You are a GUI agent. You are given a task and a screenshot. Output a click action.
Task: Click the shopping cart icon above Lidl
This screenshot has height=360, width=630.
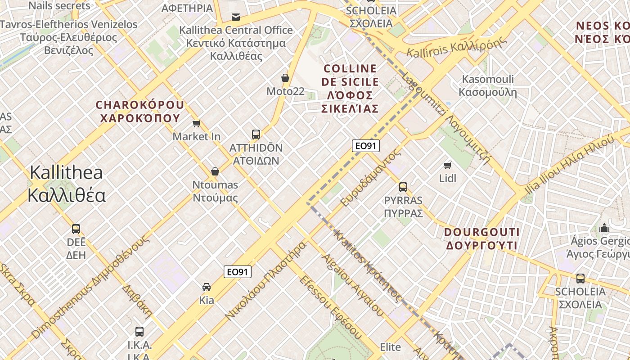click(x=447, y=165)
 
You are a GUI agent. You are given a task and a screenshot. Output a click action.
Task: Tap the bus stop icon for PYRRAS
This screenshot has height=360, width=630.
click(x=403, y=187)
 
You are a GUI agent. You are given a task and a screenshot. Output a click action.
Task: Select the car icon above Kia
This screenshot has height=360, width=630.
click(x=207, y=287)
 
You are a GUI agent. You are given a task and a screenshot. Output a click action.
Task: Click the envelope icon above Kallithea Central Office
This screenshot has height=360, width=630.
click(x=235, y=17)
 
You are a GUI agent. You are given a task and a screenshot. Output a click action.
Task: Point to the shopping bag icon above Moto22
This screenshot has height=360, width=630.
click(x=285, y=78)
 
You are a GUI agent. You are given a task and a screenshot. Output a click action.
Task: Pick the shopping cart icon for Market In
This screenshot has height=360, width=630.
click(x=196, y=123)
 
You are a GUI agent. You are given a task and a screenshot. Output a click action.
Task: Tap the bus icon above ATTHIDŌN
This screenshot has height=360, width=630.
click(x=256, y=134)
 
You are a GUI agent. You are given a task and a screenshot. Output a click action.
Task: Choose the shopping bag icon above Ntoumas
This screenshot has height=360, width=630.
click(x=215, y=171)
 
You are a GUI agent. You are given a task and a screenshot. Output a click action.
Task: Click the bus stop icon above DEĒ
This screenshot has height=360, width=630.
click(x=76, y=229)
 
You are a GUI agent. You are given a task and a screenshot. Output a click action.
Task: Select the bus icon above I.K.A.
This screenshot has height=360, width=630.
click(x=139, y=332)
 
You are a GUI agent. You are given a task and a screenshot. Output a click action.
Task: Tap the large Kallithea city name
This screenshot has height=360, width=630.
click(x=66, y=184)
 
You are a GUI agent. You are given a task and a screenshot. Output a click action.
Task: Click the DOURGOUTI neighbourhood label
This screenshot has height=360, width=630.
click(x=481, y=239)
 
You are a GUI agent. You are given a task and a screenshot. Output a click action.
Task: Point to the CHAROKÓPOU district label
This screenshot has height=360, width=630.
click(x=139, y=112)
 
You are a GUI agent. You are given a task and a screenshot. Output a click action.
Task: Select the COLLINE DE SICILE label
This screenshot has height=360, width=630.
click(x=351, y=88)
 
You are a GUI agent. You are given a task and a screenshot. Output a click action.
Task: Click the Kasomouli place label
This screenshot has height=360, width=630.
click(x=488, y=85)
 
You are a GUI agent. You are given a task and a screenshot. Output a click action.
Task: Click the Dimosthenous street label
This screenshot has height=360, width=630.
click(x=90, y=288)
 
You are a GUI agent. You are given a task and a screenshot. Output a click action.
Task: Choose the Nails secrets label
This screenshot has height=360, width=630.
click(x=59, y=5)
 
